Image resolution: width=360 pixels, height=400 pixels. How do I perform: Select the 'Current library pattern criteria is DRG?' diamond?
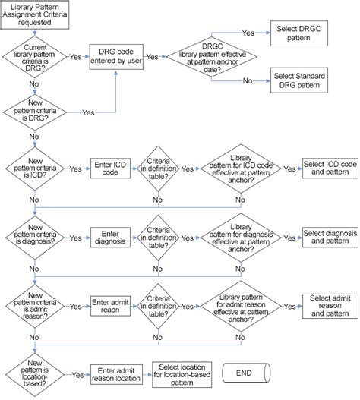click(36, 56)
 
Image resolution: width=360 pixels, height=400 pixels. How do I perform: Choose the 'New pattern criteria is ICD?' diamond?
click(36, 169)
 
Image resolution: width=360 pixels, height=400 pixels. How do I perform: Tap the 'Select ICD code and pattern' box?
click(330, 169)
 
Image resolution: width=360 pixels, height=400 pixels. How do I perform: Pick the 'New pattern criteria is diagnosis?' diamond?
click(36, 237)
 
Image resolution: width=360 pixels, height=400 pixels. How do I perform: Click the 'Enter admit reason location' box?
click(117, 373)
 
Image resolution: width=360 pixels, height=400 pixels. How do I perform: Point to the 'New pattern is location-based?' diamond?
click(36, 373)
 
